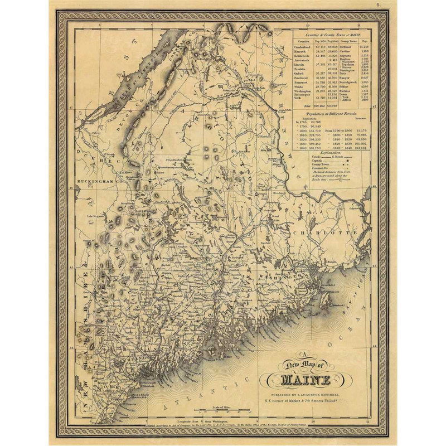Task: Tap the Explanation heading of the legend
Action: tap(336, 151)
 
